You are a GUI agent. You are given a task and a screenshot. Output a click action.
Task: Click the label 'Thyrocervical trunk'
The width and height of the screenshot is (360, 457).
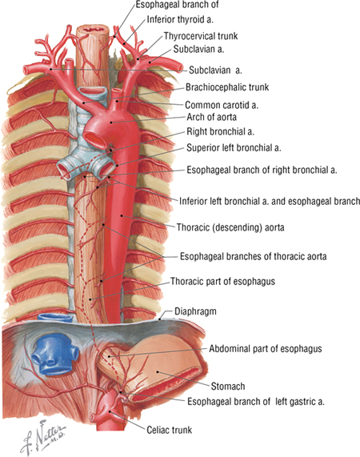click(x=201, y=36)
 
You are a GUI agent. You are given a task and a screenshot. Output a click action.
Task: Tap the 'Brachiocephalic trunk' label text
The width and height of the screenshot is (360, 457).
click(x=227, y=87)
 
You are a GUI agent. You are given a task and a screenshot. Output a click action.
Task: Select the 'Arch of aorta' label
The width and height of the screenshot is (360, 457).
click(x=211, y=117)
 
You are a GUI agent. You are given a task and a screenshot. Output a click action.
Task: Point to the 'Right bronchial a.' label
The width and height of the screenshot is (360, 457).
click(x=221, y=132)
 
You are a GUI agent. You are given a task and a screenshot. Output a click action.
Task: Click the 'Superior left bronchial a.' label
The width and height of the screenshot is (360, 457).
click(x=234, y=148)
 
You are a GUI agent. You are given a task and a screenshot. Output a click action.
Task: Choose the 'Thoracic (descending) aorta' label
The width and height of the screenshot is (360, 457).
click(x=230, y=227)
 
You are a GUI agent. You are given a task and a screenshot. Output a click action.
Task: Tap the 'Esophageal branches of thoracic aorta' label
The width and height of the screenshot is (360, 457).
click(x=253, y=256)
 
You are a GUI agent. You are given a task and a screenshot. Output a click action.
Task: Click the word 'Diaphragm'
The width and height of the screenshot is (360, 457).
click(x=195, y=311)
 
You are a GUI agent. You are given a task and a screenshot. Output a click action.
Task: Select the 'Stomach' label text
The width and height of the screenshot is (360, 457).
click(x=228, y=387)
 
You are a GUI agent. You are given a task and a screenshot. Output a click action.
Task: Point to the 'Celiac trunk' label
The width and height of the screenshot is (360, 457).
click(x=170, y=430)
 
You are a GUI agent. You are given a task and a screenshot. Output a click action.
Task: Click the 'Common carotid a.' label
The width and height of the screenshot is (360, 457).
click(x=222, y=105)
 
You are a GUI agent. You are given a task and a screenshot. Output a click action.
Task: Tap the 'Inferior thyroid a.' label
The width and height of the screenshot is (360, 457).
click(x=180, y=19)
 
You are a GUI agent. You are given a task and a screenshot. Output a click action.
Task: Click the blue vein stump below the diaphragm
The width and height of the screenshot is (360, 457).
click(x=54, y=354)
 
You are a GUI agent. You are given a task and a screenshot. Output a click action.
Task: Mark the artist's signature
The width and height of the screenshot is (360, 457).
click(x=43, y=435)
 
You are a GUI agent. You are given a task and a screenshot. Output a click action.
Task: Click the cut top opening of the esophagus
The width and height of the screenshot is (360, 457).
click(x=93, y=30)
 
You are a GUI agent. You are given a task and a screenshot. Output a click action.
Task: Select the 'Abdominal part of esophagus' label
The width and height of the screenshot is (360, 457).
click(x=266, y=349)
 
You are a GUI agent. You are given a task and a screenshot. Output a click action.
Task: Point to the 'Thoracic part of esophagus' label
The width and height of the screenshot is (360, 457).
click(x=222, y=282)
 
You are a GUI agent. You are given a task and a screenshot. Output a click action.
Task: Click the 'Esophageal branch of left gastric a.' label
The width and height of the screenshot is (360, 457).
click(x=256, y=402)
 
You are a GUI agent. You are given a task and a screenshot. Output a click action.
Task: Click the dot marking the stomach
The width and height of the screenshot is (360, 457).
click(x=158, y=371)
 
